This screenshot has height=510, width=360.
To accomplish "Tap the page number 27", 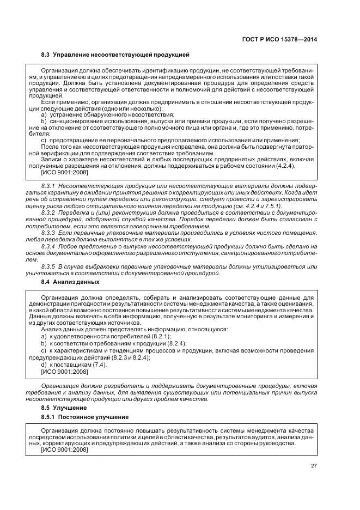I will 314,465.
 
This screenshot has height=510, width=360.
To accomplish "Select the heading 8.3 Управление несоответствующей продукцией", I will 115,55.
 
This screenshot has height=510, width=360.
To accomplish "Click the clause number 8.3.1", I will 48,186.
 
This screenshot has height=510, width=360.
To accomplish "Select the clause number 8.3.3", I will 48,233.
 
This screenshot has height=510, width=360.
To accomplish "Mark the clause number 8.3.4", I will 48,246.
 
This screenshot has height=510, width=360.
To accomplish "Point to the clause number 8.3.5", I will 48,266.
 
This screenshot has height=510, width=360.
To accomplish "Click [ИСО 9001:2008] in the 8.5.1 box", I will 64,450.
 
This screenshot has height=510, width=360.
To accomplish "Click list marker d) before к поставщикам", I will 44,364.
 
